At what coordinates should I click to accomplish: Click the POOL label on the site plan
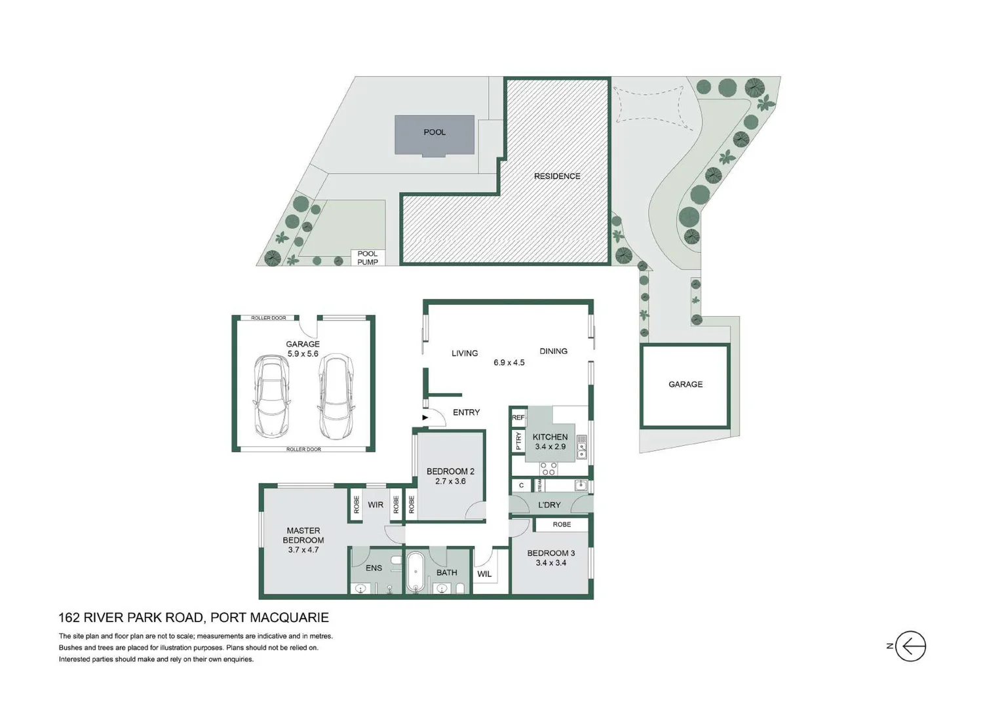point(434,132)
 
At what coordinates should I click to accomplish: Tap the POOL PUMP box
point(368,258)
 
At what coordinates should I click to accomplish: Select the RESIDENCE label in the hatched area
point(556,176)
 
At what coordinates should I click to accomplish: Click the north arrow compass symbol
point(910,646)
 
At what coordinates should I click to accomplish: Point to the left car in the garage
point(271,397)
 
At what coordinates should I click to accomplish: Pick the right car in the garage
point(335,397)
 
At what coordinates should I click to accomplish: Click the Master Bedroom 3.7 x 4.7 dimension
point(303,550)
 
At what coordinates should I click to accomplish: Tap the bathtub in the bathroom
point(415,572)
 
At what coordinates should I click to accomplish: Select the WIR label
point(376,505)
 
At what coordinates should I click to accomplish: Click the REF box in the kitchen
point(518,418)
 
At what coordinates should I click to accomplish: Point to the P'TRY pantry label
point(518,441)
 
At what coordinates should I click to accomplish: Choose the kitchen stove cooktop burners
point(549,468)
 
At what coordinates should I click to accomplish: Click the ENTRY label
point(466,412)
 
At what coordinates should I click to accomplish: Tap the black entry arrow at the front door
point(425,418)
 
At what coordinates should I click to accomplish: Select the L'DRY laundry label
point(549,505)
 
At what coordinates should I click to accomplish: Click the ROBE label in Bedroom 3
point(562,524)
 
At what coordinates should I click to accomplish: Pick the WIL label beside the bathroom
point(484,574)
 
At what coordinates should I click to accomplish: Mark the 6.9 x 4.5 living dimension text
point(509,363)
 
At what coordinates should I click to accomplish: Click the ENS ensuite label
point(374,568)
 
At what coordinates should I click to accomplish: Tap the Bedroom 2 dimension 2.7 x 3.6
point(450,481)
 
